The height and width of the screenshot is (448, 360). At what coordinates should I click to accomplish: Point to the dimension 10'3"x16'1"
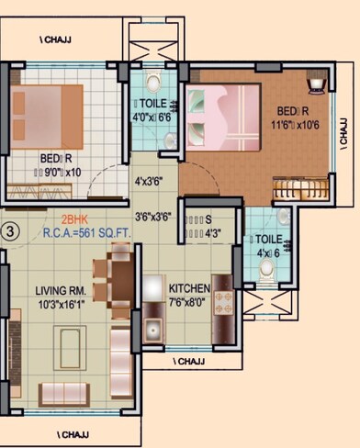click(x=62, y=303)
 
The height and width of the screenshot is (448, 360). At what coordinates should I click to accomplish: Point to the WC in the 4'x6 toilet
click(x=266, y=269)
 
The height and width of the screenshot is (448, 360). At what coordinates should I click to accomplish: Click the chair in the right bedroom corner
click(x=316, y=84)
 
